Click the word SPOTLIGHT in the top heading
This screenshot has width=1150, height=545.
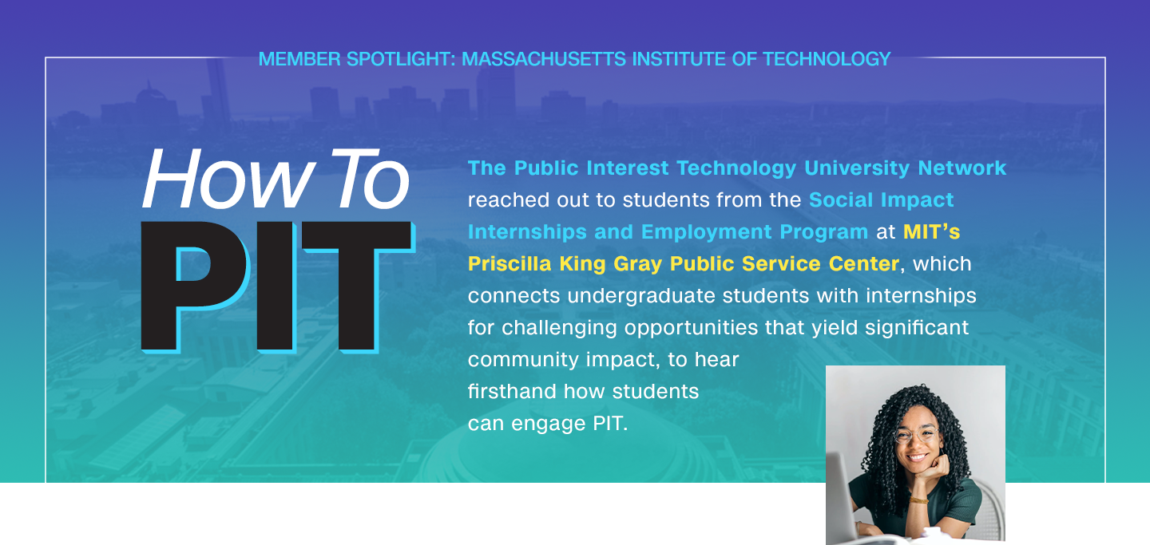coord(401,59)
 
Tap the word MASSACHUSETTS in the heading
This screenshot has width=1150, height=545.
coord(544,59)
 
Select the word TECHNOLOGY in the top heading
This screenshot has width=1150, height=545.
coord(827,59)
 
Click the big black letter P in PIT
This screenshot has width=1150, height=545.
coord(194,286)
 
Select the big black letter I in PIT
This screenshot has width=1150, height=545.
coord(276,286)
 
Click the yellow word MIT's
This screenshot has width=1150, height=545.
coord(931,232)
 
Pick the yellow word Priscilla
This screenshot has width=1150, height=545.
coord(510,264)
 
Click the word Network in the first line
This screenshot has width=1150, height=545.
coord(962,168)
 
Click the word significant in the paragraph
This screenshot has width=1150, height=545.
coord(917,328)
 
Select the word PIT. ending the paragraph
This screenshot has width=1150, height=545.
coord(610,424)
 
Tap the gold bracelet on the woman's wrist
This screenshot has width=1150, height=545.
coord(919,500)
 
